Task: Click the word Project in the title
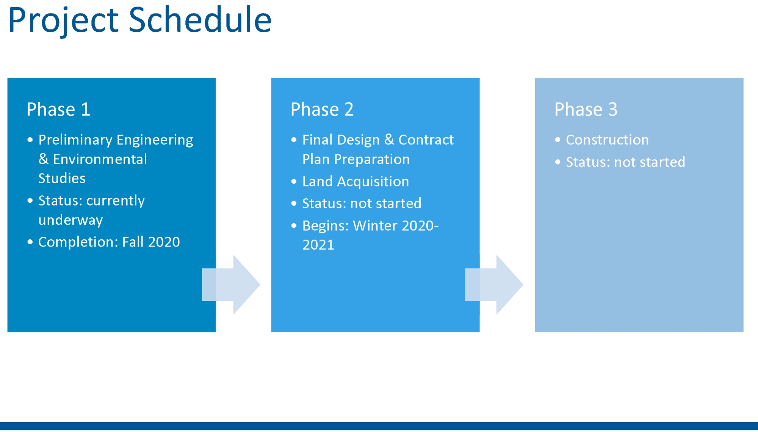pos(63,22)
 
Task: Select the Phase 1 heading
pos(58,109)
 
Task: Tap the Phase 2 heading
pos(322,109)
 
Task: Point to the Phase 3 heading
pos(586,109)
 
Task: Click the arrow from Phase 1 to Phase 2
pos(231,284)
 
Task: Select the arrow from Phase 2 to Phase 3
pos(494,284)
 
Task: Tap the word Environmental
pos(100,159)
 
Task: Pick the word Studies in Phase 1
pos(62,178)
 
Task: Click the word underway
pos(71,220)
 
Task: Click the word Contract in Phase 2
pos(426,140)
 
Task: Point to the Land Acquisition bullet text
pos(356,182)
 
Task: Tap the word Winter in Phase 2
pos(375,226)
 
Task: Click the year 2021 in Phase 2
pos(318,245)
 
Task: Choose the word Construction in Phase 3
pos(608,140)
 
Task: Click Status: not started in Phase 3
pos(626,162)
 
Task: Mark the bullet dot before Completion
pos(30,242)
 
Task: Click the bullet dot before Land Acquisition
pos(294,182)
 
